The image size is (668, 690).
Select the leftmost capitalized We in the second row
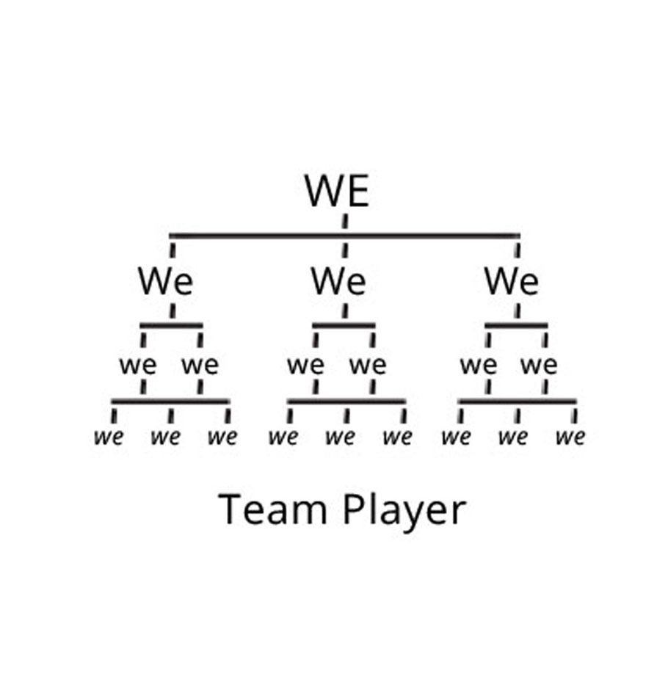click(165, 281)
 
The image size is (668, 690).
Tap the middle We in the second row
click(338, 281)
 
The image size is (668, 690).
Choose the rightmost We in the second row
click(511, 281)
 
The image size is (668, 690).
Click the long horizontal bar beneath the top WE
click(344, 236)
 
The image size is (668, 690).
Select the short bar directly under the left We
click(171, 324)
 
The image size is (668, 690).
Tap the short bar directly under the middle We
click(344, 324)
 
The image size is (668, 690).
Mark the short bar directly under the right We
click(516, 324)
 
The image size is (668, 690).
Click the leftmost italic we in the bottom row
click(109, 438)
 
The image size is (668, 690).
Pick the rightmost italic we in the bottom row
click(570, 438)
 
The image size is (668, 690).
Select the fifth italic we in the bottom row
click(340, 438)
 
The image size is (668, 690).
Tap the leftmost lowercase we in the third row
click(138, 365)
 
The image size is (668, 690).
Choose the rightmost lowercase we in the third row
click(539, 365)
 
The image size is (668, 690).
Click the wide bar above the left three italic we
click(170, 402)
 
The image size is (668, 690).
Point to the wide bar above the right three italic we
click(517, 402)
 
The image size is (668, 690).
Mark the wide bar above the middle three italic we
click(346, 402)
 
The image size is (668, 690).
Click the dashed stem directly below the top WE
click(345, 220)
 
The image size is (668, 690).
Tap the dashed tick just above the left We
click(173, 250)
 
